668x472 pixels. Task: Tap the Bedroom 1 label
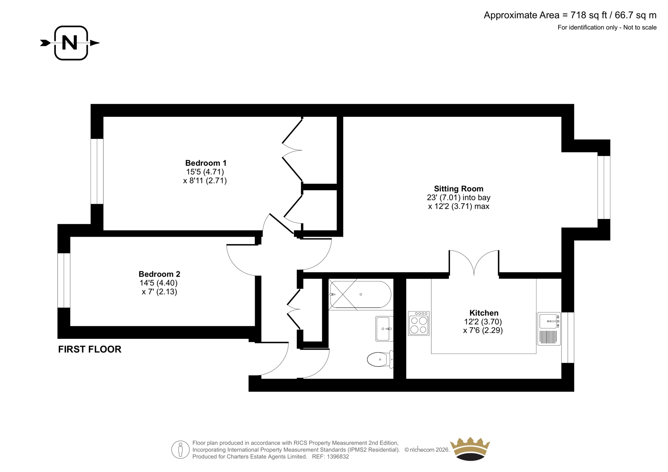[206, 163]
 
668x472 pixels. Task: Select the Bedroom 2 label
[159, 274]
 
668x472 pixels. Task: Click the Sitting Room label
[458, 189]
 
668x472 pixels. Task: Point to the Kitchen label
[484, 313]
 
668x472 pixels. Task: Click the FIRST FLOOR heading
[89, 349]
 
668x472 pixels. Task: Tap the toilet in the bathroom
[380, 359]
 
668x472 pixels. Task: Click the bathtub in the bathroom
[360, 294]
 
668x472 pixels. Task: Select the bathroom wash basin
[384, 328]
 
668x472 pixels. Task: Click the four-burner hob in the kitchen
[419, 323]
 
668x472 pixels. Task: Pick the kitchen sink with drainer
[549, 328]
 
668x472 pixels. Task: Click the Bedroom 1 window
[97, 172]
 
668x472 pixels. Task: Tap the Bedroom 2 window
[64, 280]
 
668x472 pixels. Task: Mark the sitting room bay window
[604, 187]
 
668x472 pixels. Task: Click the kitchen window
[568, 338]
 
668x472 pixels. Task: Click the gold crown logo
[470, 449]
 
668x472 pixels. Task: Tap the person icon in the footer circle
[180, 449]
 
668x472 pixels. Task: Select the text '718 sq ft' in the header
[589, 15]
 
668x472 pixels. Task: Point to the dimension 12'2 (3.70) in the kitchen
[483, 322]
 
